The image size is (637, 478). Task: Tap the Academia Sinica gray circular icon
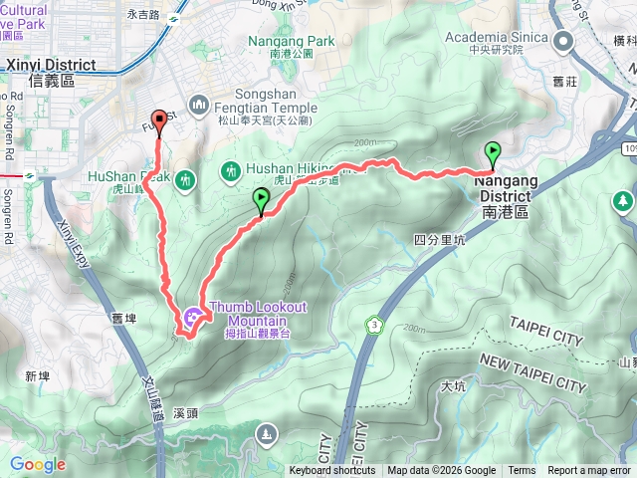pos(562,40)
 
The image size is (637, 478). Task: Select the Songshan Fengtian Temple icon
pos(198,104)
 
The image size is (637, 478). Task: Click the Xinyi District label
pos(50,66)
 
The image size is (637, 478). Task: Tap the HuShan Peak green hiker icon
pos(185,180)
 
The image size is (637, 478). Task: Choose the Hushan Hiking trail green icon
pos(231,170)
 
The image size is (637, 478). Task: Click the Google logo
pos(38,464)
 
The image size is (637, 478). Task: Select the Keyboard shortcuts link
pos(332,471)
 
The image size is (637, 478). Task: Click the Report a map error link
pos(588,471)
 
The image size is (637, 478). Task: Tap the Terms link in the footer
pos(522,471)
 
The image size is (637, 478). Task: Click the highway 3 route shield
pos(374,325)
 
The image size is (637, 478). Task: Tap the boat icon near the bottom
pos(267,433)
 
